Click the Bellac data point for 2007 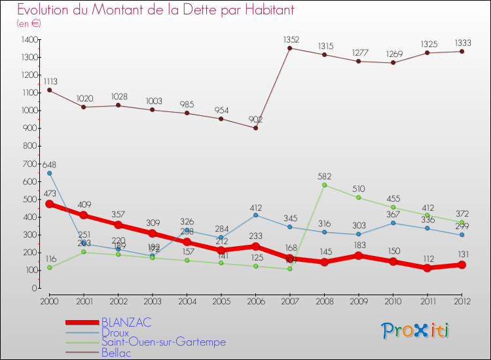290,48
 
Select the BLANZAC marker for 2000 49,204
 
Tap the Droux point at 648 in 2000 49,173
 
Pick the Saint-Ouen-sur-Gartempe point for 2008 324,185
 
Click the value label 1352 290,39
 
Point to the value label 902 255,119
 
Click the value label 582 324,175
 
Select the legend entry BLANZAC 126,322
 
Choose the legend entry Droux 116,333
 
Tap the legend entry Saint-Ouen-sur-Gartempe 163,342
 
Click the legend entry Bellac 116,353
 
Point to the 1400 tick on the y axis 29,40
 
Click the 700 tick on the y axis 29,164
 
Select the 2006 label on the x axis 255,301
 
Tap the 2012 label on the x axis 462,301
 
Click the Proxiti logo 416,331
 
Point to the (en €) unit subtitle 28,23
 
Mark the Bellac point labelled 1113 49,90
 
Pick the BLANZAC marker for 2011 427,268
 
